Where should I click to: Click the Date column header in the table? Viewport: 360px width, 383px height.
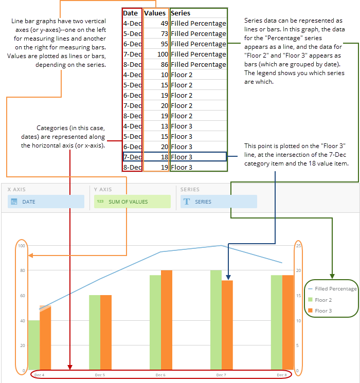pyautogui.click(x=131, y=13)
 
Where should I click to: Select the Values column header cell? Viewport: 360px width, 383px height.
pyautogui.click(x=155, y=13)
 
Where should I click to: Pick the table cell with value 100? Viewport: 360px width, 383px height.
pyautogui.click(x=156, y=54)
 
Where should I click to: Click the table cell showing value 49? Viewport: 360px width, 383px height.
pyautogui.click(x=156, y=23)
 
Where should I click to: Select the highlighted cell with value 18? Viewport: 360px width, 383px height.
pyautogui.click(x=156, y=157)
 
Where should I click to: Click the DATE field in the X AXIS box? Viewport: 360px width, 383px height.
pyautogui.click(x=46, y=202)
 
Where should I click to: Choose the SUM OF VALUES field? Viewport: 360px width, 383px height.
pyautogui.click(x=132, y=202)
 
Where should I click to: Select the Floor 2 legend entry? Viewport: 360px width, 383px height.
pyautogui.click(x=323, y=300)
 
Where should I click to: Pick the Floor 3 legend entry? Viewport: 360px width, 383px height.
pyautogui.click(x=323, y=311)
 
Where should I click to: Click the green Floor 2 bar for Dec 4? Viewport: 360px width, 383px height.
pyautogui.click(x=34, y=344)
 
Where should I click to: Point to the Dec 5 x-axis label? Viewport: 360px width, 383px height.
pyautogui.click(x=100, y=375)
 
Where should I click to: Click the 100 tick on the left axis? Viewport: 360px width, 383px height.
pyautogui.click(x=22, y=245)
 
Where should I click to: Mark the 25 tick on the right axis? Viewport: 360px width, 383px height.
pyautogui.click(x=298, y=245)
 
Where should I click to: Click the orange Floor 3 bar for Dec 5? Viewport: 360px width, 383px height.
pyautogui.click(x=106, y=332)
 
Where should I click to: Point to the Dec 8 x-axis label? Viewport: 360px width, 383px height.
pyautogui.click(x=282, y=375)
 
